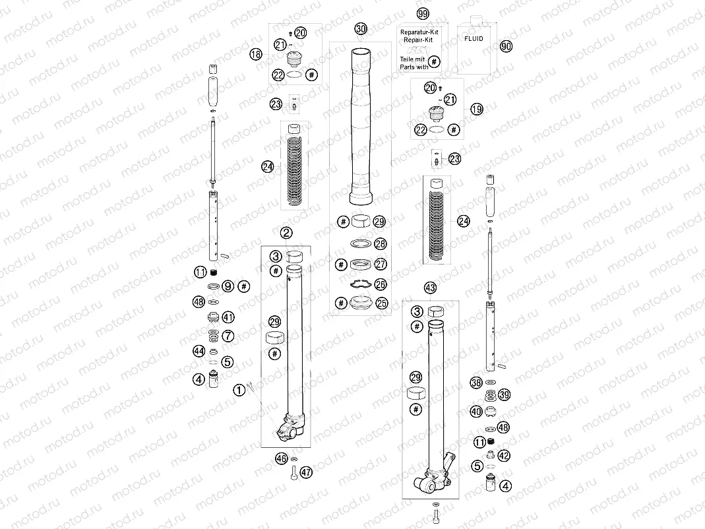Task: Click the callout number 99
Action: (x=423, y=14)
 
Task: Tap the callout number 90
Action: (x=506, y=46)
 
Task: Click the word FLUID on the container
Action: (x=474, y=39)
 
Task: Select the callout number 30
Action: (x=360, y=28)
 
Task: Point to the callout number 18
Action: (x=256, y=55)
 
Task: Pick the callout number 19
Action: (x=477, y=109)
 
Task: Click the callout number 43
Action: (x=430, y=288)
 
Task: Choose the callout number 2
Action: (x=286, y=232)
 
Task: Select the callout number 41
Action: (x=228, y=317)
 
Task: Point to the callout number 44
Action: (x=199, y=351)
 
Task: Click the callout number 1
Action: (x=239, y=390)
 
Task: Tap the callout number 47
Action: (x=306, y=472)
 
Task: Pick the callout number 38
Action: (x=475, y=382)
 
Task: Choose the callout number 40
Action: (x=475, y=412)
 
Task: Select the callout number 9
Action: (x=228, y=286)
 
